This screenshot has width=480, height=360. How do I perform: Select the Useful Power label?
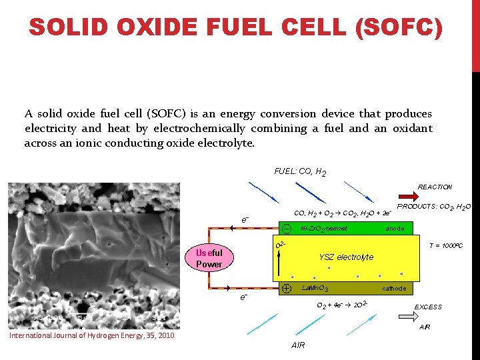209,258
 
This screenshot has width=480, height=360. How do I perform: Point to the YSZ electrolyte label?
346,257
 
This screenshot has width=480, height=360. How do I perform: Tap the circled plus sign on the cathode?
286,289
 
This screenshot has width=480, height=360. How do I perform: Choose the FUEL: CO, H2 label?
300,172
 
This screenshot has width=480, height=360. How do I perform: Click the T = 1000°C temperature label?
445,246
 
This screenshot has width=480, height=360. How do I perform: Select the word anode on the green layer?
395,229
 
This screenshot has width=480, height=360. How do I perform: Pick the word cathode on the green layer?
393,289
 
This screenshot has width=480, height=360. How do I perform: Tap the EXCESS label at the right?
428,307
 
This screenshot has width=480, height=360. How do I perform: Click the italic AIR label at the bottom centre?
298,345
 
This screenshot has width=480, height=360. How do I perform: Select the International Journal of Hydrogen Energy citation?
91,335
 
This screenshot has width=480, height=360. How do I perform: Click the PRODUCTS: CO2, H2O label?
434,207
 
